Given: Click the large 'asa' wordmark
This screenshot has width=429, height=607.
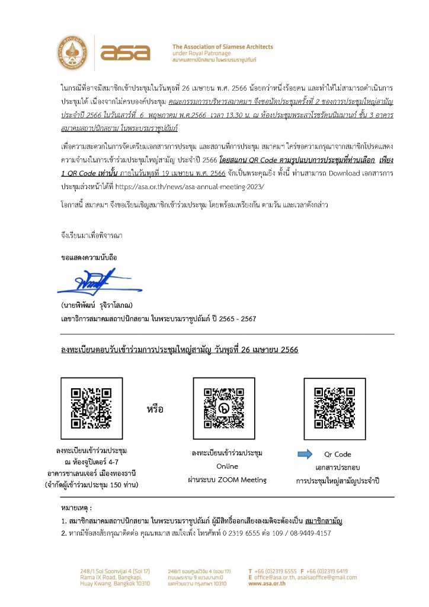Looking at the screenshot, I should [x=125, y=53].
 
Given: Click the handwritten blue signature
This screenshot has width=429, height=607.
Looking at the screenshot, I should [x=95, y=282].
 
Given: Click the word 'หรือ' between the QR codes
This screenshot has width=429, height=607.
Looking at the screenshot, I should [x=155, y=410].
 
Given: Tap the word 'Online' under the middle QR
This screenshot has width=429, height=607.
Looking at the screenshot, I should [x=227, y=467].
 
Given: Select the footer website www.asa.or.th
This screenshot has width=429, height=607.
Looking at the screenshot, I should [x=268, y=583].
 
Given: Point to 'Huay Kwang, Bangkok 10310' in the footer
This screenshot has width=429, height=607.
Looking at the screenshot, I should [x=115, y=583].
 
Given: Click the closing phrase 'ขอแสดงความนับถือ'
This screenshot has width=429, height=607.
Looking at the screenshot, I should [x=86, y=259].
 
